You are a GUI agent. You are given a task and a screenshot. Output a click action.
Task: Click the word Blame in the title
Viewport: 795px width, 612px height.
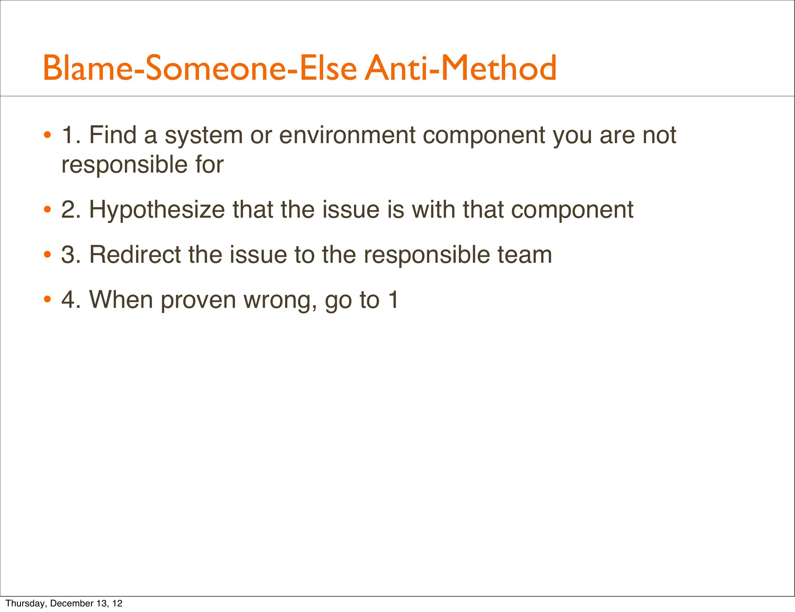88,68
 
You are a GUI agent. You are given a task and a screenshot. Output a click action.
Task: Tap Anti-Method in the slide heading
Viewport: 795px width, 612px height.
460,68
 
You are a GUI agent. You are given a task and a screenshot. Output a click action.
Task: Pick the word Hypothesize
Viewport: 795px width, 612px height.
157,210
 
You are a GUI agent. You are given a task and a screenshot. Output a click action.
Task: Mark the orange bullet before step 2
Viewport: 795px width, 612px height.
47,209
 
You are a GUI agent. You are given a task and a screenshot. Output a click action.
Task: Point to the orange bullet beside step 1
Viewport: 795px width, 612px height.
47,135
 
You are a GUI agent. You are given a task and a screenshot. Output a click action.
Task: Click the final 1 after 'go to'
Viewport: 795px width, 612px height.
393,300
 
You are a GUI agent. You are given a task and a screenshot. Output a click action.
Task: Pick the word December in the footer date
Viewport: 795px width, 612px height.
72,603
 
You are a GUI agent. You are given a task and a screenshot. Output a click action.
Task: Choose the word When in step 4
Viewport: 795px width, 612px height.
121,300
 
